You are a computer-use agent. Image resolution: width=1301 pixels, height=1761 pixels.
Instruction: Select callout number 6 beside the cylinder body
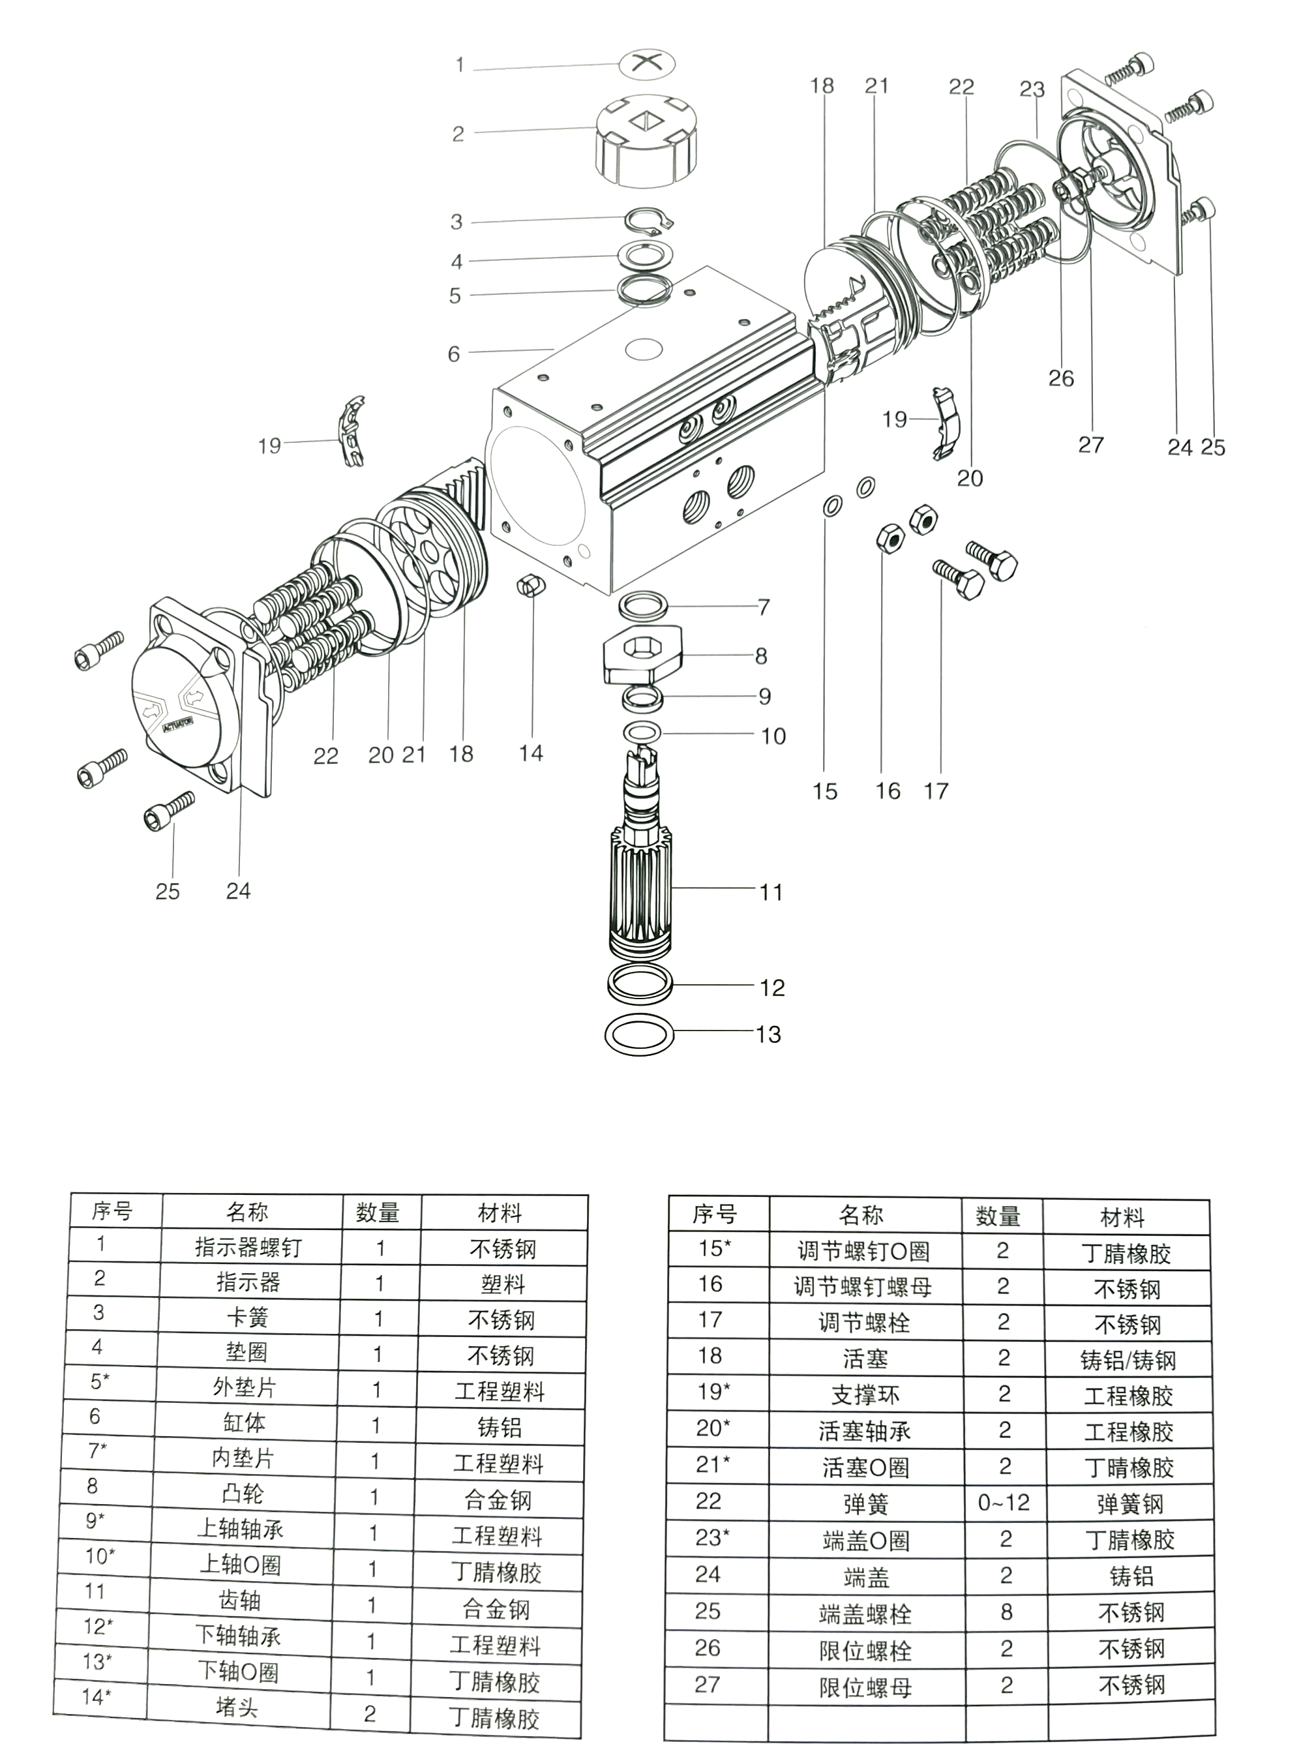454,354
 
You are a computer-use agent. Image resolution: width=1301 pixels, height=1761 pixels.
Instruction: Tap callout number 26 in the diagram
1061,378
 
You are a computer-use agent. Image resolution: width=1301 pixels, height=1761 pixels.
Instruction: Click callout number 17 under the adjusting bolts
936,790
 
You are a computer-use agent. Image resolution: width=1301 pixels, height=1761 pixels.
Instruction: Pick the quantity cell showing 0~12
1004,1503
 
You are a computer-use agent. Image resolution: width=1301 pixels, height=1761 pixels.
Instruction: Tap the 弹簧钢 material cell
1130,1504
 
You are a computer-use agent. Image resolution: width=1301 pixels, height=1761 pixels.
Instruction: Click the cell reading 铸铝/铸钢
1129,1360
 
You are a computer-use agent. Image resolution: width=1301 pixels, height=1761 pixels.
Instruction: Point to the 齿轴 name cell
239,1601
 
